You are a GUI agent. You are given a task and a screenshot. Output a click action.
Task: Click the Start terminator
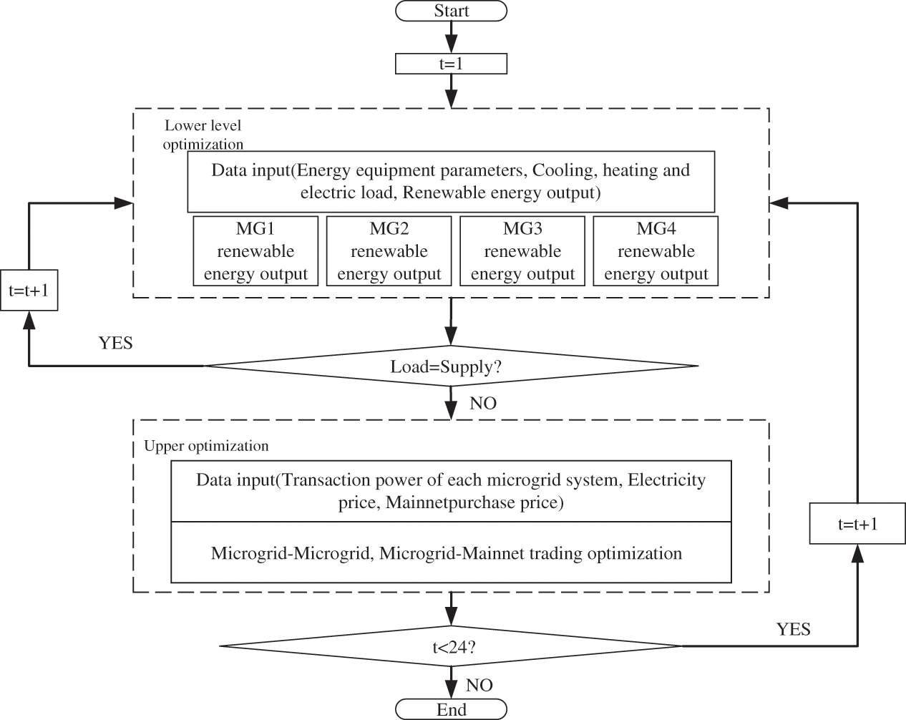pos(451,11)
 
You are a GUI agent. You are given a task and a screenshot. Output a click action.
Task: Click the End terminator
pos(451,709)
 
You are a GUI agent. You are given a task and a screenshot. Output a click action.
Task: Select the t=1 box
pos(451,64)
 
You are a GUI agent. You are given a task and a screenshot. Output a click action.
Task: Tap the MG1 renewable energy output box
pos(255,251)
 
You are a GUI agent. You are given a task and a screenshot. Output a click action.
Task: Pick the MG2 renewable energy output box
pos(389,251)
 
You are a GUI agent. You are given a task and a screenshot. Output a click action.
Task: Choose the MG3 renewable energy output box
pos(522,251)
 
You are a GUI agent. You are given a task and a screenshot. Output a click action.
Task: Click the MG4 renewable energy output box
pos(656,251)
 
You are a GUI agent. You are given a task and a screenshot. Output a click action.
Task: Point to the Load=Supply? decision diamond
pos(451,366)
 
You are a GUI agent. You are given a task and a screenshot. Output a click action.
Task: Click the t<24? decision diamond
pos(451,647)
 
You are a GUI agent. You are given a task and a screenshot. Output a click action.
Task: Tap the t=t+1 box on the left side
pos(29,291)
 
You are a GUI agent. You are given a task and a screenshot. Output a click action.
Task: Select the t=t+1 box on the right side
pos(857,524)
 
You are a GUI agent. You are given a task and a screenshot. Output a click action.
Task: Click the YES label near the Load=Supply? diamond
pos(115,343)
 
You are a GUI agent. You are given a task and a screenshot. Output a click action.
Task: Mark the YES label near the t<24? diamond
pos(793,629)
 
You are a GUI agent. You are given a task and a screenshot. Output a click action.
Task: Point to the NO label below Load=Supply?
pos(483,404)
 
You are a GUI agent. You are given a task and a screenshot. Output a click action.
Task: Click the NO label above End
pos(479,686)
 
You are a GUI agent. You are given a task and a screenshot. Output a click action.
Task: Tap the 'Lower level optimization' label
pos(203,135)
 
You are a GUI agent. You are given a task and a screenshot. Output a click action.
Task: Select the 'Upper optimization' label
pos(206,446)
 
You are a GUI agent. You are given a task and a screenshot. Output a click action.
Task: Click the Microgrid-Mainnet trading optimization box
pos(451,553)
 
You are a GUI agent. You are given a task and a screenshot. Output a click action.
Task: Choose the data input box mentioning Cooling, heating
pos(451,181)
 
